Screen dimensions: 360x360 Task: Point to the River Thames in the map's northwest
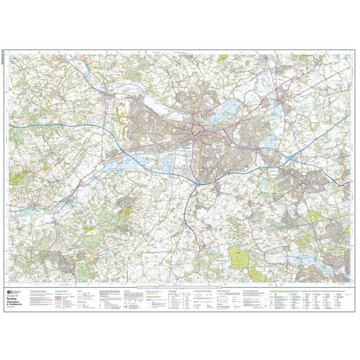click(x=90, y=85)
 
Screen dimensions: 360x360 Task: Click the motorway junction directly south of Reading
click(x=197, y=182)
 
